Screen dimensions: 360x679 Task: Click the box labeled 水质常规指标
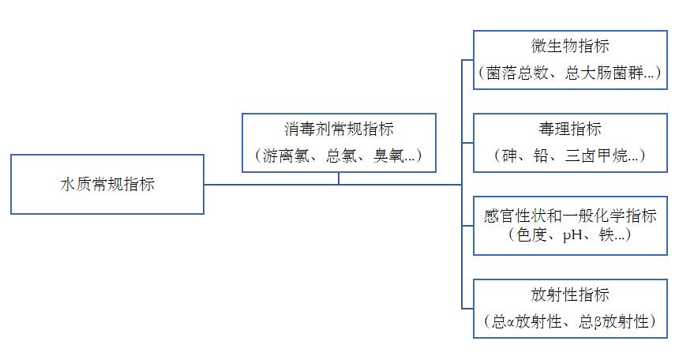pyautogui.click(x=107, y=184)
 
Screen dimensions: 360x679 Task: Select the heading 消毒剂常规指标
pyautogui.click(x=339, y=129)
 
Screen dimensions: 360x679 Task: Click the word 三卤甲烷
pyautogui.click(x=601, y=156)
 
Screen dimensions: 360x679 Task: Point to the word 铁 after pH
pyautogui.click(x=606, y=234)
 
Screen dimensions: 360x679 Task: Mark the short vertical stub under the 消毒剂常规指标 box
pyautogui.click(x=339, y=178)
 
